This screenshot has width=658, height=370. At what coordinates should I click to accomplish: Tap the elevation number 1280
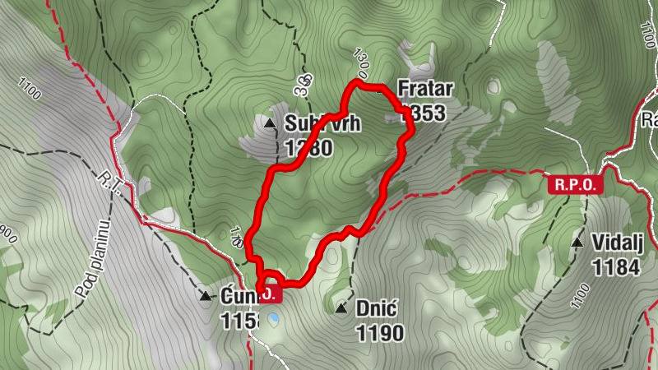point(308,148)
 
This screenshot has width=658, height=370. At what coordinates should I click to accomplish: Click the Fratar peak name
point(421,89)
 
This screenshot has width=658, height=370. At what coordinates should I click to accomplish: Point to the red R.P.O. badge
point(576,184)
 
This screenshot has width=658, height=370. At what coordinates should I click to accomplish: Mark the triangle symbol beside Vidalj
point(578,243)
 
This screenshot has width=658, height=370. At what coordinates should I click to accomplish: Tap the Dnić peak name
point(378,309)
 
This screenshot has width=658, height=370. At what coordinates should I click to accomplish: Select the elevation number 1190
point(380,333)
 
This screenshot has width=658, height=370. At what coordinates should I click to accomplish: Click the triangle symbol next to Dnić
point(341,309)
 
